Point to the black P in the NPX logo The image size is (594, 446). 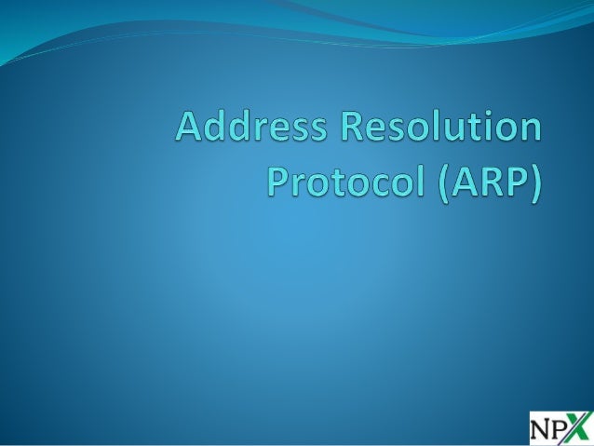click(560, 427)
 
